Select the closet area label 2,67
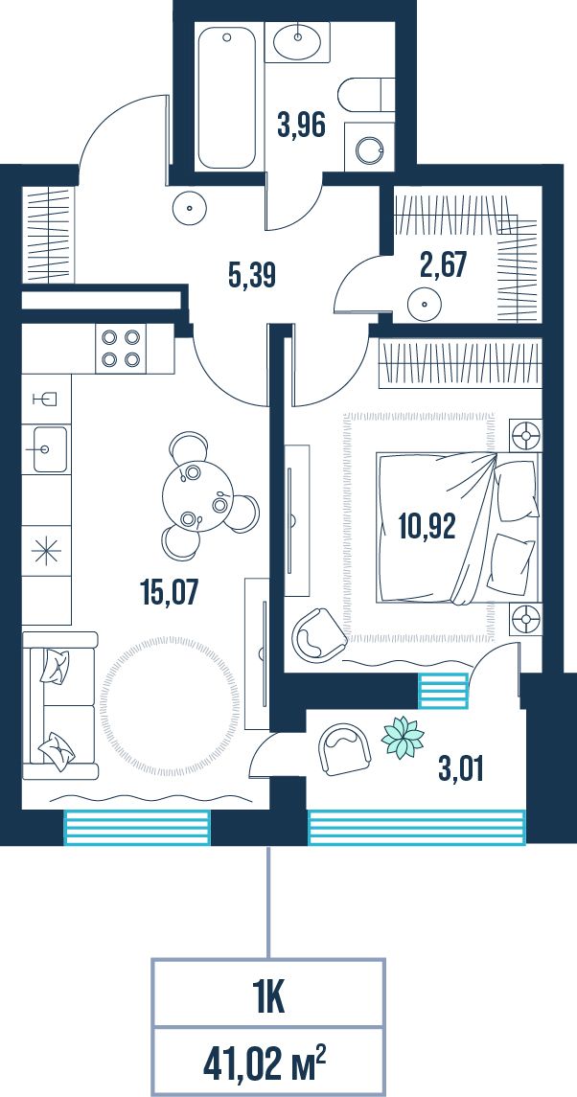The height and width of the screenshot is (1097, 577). point(443,266)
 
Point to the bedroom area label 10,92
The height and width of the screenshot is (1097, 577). point(427,526)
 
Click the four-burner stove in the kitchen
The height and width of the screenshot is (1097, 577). point(119,349)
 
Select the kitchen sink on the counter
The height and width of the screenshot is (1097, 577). point(50,448)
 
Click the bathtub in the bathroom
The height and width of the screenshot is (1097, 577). point(225,98)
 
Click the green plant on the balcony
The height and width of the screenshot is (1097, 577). point(403,738)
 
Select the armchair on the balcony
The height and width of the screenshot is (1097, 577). point(344,749)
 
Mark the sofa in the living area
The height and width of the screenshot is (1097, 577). point(59,705)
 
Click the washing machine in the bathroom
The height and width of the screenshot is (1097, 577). point(369,149)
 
